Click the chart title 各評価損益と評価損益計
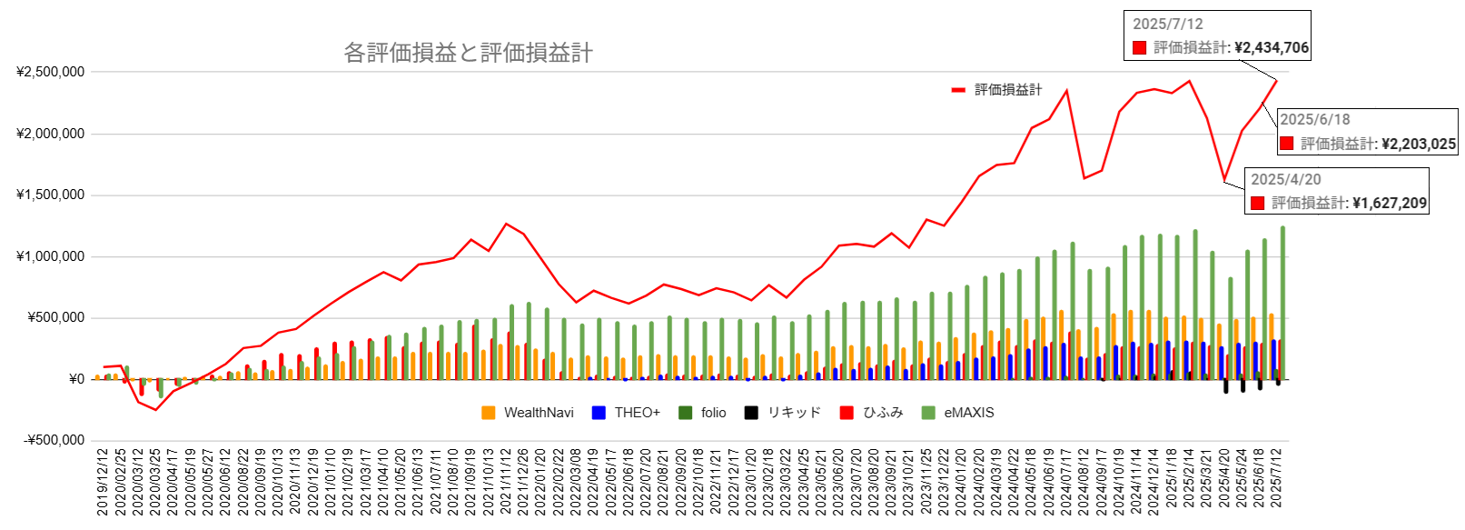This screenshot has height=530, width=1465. pyautogui.click(x=468, y=53)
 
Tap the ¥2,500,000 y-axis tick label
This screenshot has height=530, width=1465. pyautogui.click(x=51, y=72)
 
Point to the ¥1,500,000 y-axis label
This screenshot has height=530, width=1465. pyautogui.click(x=51, y=195)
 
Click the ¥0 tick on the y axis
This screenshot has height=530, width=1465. pyautogui.click(x=76, y=379)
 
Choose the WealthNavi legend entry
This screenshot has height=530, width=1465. pyautogui.click(x=539, y=413)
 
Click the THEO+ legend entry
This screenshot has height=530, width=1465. pyautogui.click(x=637, y=413)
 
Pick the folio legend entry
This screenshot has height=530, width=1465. pyautogui.click(x=713, y=413)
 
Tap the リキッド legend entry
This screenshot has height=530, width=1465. pyautogui.click(x=794, y=413)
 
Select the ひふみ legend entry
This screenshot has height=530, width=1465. pyautogui.click(x=883, y=413)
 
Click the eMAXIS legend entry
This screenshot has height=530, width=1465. pyautogui.click(x=968, y=413)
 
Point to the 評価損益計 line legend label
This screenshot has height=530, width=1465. pyautogui.click(x=1008, y=90)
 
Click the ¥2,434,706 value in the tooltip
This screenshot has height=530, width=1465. pyautogui.click(x=1272, y=48)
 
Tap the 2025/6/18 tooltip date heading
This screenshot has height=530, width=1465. pyautogui.click(x=1314, y=120)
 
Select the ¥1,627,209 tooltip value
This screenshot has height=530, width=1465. pyautogui.click(x=1390, y=204)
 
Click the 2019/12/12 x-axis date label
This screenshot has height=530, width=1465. pyautogui.click(x=103, y=482)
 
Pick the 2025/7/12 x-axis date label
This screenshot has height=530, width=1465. pyautogui.click(x=1276, y=482)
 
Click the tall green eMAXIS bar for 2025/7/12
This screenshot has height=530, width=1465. pyautogui.click(x=1282, y=300)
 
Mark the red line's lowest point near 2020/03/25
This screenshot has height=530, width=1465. pyautogui.click(x=155, y=410)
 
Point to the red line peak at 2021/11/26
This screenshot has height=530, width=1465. pyautogui.click(x=506, y=224)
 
